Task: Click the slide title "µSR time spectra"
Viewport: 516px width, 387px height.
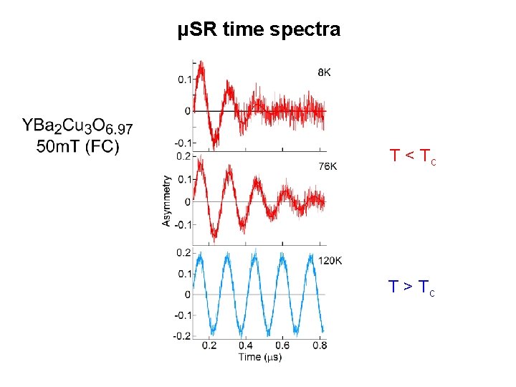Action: [x=259, y=29]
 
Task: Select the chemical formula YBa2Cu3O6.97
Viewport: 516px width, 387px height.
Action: [x=77, y=127]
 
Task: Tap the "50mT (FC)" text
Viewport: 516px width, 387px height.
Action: [x=77, y=148]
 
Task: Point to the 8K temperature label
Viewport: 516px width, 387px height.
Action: [x=324, y=72]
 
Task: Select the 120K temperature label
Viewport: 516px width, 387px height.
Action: [x=330, y=260]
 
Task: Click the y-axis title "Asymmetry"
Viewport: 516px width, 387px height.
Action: [x=166, y=201]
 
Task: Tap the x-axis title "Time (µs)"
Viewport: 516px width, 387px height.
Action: [x=260, y=357]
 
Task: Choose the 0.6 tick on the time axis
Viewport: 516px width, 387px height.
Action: [x=282, y=345]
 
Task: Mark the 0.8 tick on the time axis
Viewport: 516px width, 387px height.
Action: [x=320, y=345]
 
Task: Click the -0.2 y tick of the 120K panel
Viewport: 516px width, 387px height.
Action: [x=182, y=336]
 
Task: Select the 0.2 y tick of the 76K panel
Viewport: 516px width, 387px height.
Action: [x=183, y=156]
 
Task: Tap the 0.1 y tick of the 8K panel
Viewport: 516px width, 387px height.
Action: [x=183, y=80]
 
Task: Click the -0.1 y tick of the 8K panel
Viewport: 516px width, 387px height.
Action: [x=182, y=143]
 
